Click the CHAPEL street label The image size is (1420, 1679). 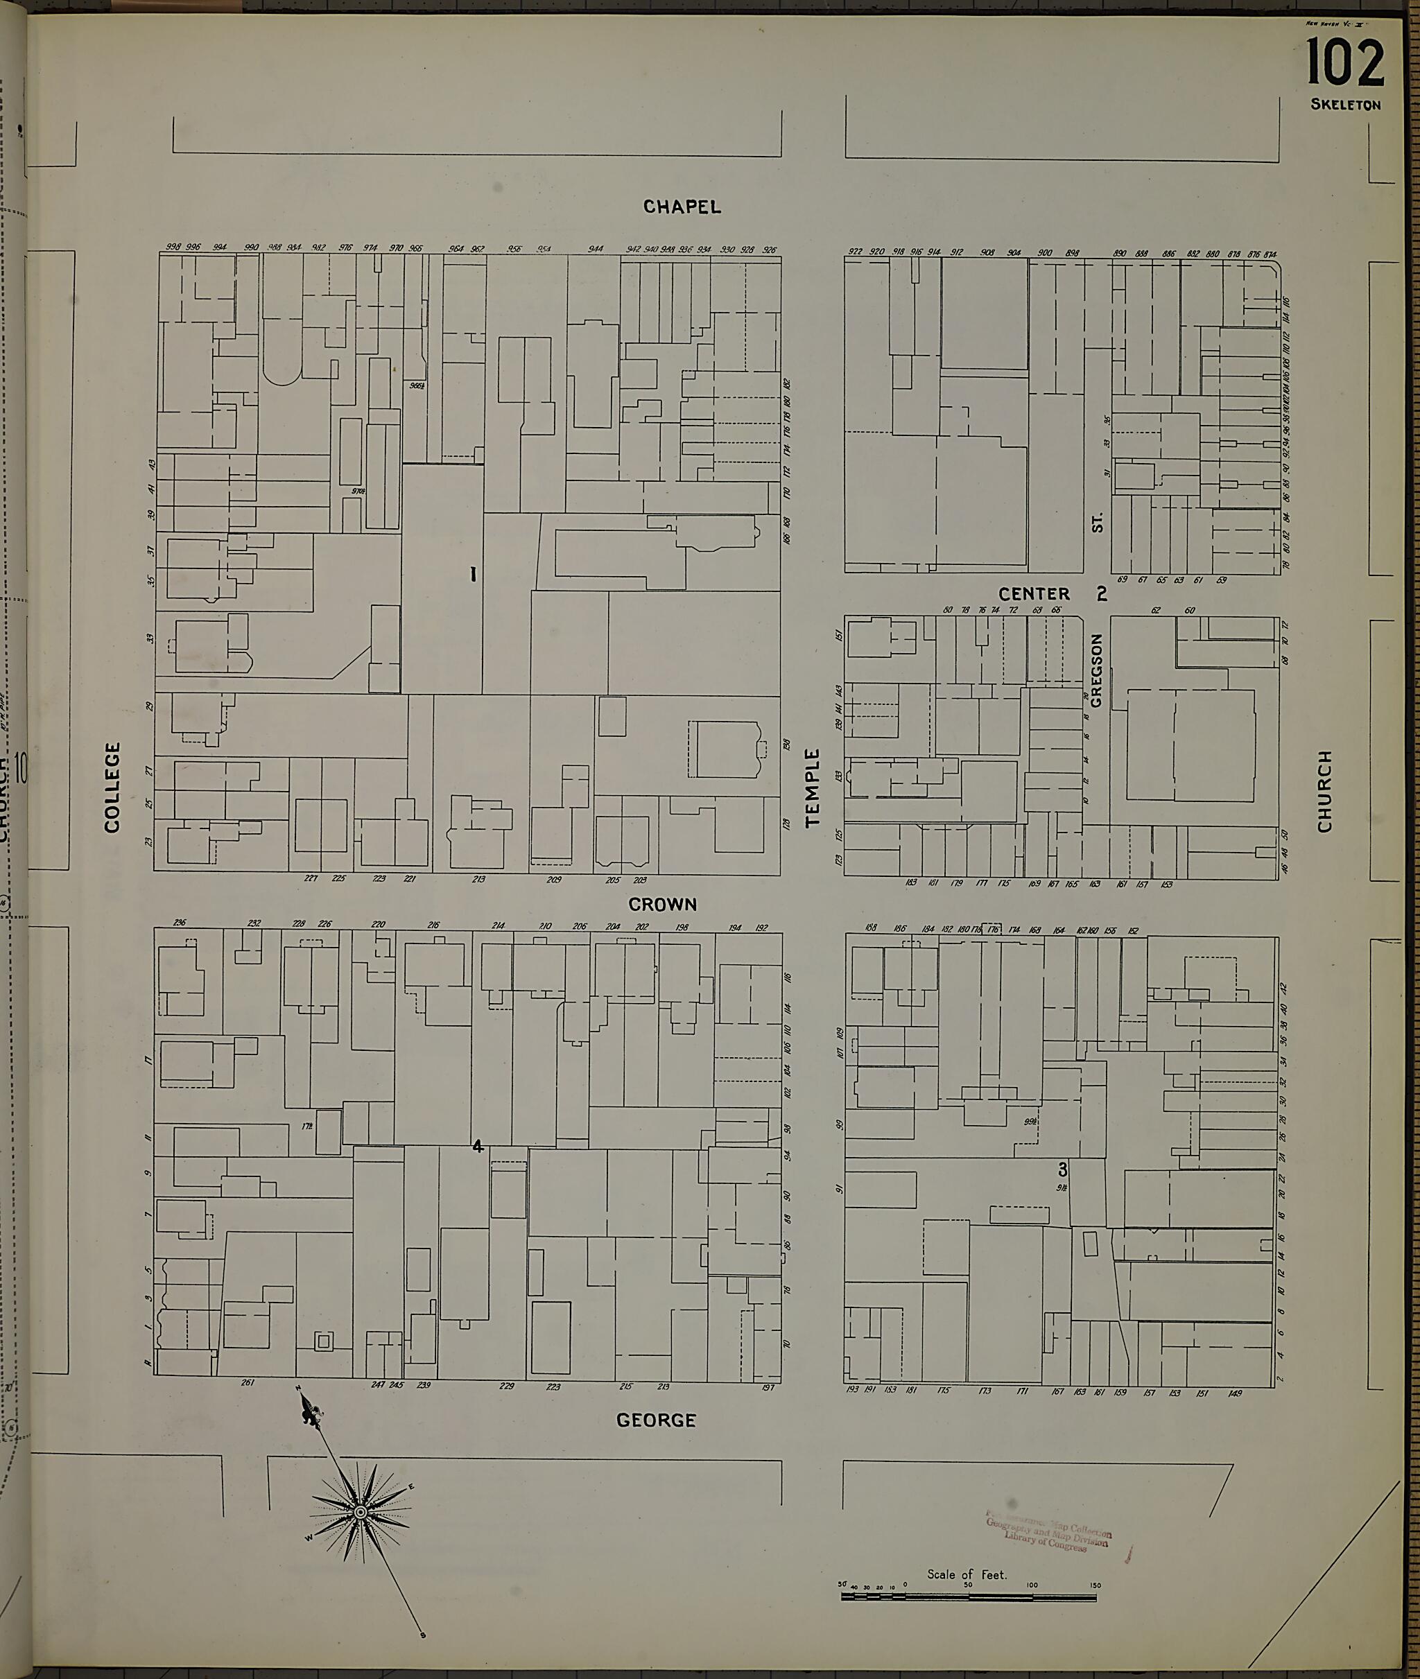point(682,207)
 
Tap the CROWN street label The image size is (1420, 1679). point(663,905)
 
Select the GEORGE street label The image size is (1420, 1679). point(656,1420)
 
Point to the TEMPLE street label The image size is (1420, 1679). point(812,788)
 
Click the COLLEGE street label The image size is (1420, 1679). point(112,788)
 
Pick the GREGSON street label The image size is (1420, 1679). point(1096,670)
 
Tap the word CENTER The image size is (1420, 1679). point(1034,594)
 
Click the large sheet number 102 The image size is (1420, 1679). point(1345,64)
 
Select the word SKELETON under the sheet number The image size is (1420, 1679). point(1346,105)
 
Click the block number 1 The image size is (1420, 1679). point(474,574)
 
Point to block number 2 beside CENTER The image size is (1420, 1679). point(1102,594)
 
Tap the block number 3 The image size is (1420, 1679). point(1063,1170)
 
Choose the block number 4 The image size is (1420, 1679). point(478,1146)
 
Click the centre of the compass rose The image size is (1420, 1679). point(361,1513)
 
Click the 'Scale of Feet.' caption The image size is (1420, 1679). point(967,1574)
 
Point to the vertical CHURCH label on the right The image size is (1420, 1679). point(1325,791)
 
